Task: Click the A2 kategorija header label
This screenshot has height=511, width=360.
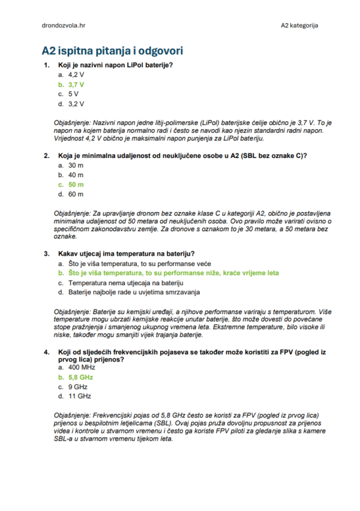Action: [x=299, y=25]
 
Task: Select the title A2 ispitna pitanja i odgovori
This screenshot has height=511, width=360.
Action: [x=112, y=51]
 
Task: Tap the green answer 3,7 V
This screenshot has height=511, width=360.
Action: [x=76, y=85]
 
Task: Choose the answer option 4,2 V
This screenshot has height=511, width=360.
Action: [x=76, y=75]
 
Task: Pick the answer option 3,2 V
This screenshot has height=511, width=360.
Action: [x=76, y=104]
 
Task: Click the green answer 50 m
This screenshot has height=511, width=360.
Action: [x=76, y=184]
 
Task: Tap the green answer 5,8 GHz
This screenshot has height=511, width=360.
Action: [x=80, y=377]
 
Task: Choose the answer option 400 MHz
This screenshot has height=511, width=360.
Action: [x=82, y=367]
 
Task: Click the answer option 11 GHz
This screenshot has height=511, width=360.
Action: [x=79, y=396]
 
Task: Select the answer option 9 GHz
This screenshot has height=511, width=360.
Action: [x=77, y=387]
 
